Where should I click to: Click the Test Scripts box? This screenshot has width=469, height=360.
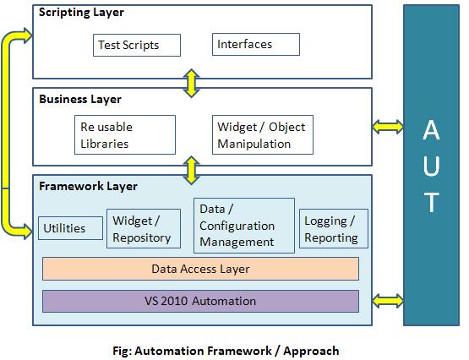(127, 45)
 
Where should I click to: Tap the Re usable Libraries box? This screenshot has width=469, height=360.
(125, 135)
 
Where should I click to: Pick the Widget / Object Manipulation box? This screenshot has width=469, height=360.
(262, 135)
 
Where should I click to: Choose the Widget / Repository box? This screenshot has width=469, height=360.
(143, 228)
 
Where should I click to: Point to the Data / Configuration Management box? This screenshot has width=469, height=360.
(244, 225)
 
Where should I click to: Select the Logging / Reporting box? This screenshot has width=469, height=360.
(334, 229)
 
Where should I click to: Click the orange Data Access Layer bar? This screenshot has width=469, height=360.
(200, 269)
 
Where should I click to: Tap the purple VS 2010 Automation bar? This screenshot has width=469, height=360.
(200, 301)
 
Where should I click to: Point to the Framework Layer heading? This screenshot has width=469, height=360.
(88, 186)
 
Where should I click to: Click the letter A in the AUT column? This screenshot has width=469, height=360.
(431, 132)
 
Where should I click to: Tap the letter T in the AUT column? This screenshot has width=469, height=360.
(431, 203)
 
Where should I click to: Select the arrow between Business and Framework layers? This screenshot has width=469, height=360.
(193, 169)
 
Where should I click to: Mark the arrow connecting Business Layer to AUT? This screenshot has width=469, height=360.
(388, 127)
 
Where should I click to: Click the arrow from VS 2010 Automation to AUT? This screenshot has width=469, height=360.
(388, 300)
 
